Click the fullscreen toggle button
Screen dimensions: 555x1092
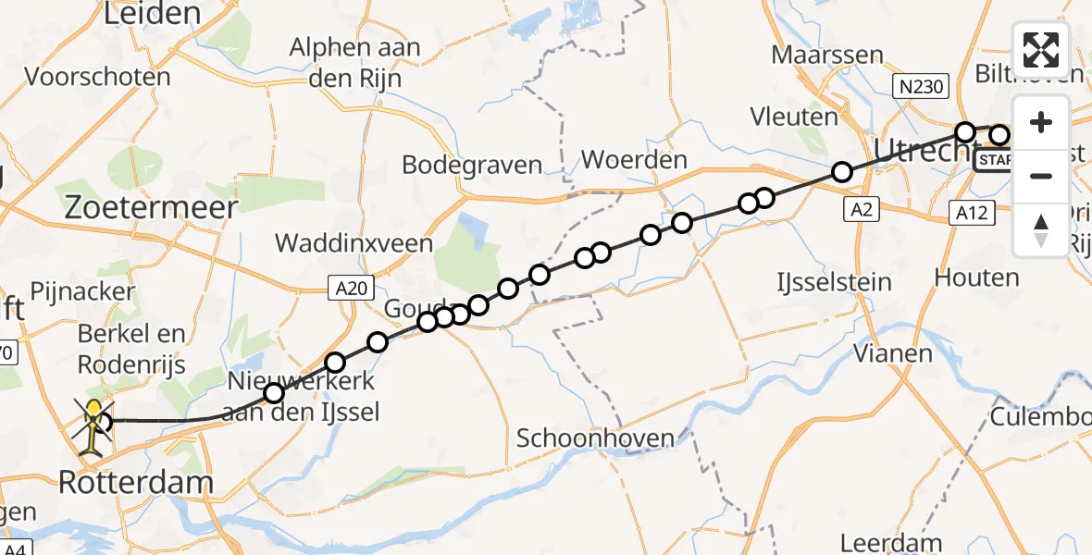tap(1041, 50)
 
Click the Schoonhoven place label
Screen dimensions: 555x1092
tap(595, 438)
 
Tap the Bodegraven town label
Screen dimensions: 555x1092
tap(472, 166)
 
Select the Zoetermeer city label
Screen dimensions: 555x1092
tap(150, 207)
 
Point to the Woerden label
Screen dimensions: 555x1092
tap(634, 159)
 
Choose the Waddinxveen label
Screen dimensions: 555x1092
tap(354, 243)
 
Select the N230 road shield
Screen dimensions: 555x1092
tap(921, 88)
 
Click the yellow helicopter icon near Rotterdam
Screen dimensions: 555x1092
tap(93, 425)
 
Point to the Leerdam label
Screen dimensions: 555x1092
tap(891, 543)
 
